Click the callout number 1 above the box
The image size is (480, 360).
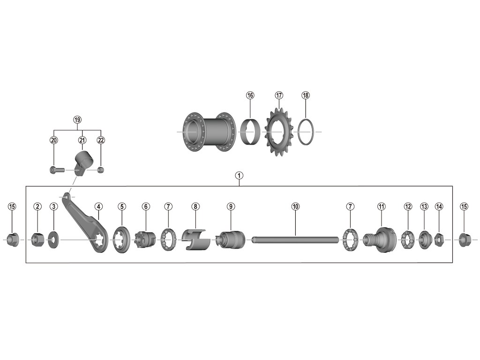coord(240,176)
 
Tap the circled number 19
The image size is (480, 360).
coord(77,120)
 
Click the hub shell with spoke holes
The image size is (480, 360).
coord(206,132)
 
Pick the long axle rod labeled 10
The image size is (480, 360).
coord(295,240)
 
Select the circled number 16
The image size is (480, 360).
coord(250,96)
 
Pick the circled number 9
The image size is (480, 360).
coord(231,206)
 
